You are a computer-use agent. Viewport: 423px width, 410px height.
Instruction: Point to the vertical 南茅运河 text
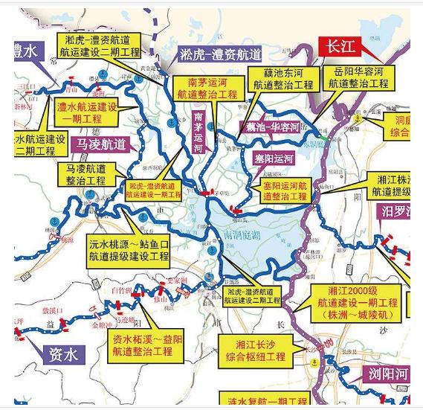pos(198,132)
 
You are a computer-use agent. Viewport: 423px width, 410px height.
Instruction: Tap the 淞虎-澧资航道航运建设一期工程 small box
pos(153,189)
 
